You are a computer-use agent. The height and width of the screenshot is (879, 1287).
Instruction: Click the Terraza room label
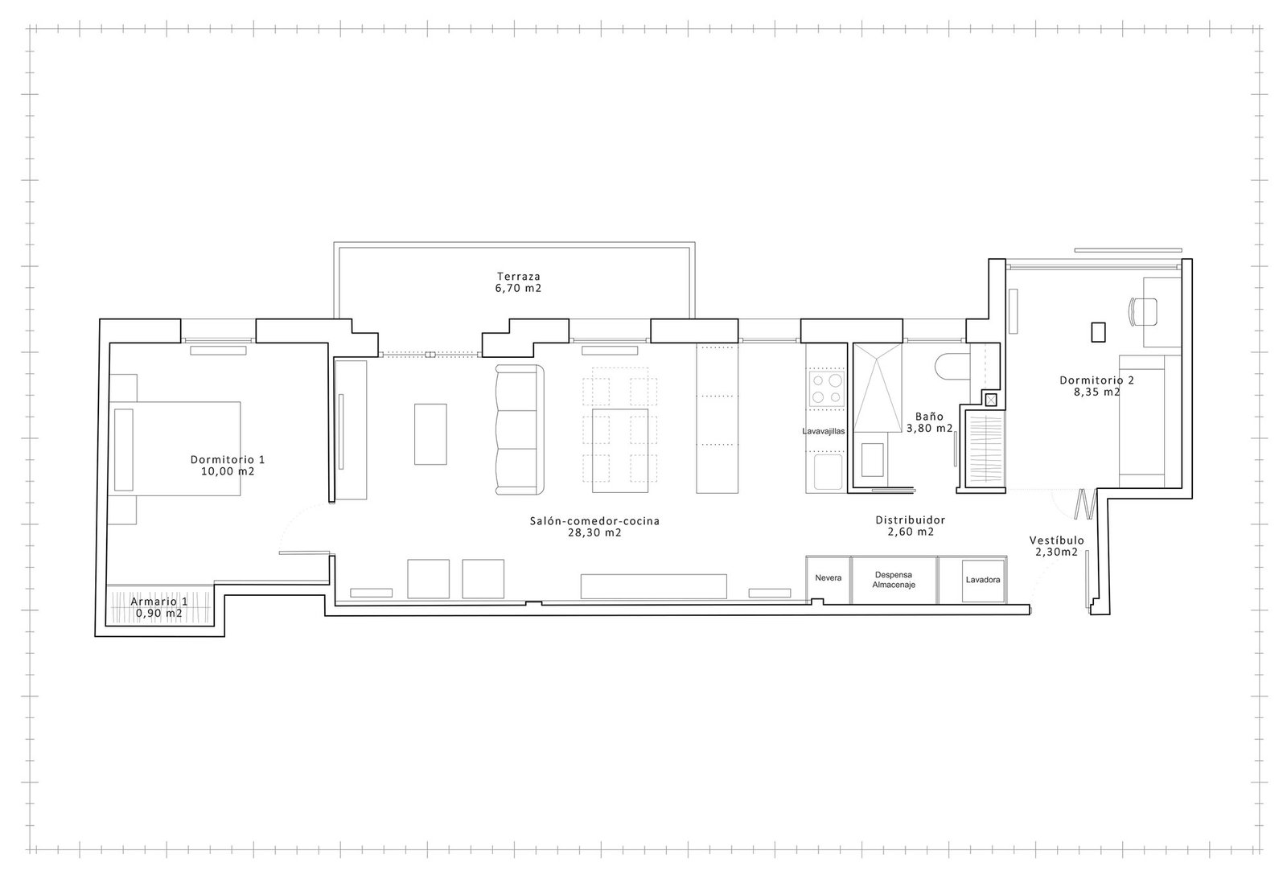point(518,277)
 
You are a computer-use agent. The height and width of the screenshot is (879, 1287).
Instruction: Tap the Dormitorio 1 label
point(228,460)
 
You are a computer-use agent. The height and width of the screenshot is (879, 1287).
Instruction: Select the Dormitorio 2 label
point(1097,380)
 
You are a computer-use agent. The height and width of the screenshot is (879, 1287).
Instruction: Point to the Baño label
point(929,417)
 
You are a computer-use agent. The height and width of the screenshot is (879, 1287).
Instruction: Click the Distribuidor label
point(910,520)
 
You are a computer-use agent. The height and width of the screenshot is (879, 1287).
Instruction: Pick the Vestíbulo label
point(1057,540)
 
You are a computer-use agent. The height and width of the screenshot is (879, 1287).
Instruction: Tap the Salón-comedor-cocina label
point(594,521)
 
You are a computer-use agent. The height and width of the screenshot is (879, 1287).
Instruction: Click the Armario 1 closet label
point(158,602)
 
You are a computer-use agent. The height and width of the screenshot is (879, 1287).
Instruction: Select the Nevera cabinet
point(828,580)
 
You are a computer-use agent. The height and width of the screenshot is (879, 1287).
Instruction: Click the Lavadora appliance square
point(982,581)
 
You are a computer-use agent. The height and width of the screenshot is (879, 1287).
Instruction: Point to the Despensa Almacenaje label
point(894,580)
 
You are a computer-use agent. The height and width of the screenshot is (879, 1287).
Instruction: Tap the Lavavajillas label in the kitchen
point(824,431)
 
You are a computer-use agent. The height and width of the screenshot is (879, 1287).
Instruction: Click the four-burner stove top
point(826,389)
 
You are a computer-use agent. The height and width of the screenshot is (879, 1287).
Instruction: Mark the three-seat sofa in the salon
point(520,429)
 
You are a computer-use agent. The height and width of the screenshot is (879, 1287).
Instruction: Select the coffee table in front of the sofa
point(430,433)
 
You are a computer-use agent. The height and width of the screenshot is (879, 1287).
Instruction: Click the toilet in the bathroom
point(952,366)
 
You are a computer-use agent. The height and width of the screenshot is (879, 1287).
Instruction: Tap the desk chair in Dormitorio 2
point(1143,311)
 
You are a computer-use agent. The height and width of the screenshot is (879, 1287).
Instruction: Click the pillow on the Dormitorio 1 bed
point(124,450)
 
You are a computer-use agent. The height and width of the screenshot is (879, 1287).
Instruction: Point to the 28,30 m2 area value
point(594,532)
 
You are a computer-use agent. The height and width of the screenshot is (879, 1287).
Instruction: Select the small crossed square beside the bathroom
point(990,400)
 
